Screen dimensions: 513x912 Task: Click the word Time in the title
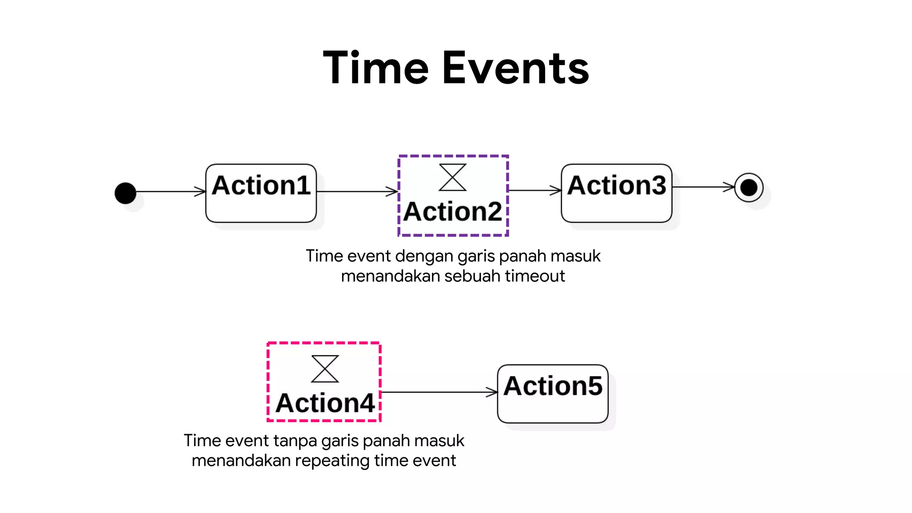[x=375, y=68]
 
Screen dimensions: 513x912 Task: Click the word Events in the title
[x=516, y=68]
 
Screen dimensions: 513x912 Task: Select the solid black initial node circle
[x=126, y=193]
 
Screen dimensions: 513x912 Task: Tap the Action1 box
[x=261, y=193]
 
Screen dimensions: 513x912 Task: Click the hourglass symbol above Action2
[x=452, y=177]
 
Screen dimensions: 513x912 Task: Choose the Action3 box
[x=616, y=193]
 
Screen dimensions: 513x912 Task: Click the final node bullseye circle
[x=749, y=187]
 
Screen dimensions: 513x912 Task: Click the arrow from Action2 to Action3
[x=534, y=191]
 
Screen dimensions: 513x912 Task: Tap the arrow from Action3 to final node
[x=703, y=187]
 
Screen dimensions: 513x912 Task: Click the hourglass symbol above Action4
[x=325, y=369]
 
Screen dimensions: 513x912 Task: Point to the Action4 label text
[x=325, y=403]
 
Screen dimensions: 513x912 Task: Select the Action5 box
[x=553, y=394]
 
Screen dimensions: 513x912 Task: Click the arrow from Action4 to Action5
[x=439, y=392]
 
